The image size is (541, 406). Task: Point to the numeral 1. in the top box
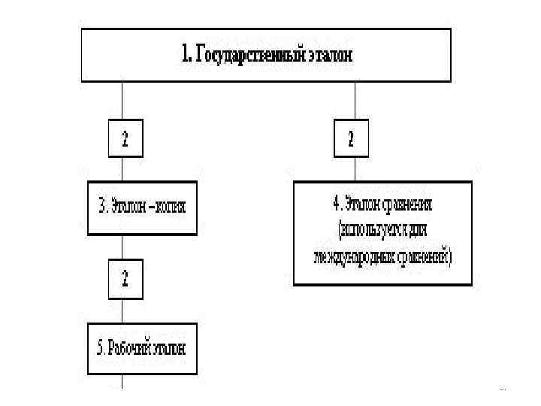(188, 55)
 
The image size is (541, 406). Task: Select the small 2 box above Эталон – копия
(125, 138)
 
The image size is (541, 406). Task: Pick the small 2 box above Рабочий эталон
(125, 279)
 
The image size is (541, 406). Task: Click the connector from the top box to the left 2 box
(122, 101)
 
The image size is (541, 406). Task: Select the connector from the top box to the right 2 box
(355, 101)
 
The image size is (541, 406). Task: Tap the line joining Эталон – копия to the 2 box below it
(122, 247)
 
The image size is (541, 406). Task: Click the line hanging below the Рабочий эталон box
(122, 381)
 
